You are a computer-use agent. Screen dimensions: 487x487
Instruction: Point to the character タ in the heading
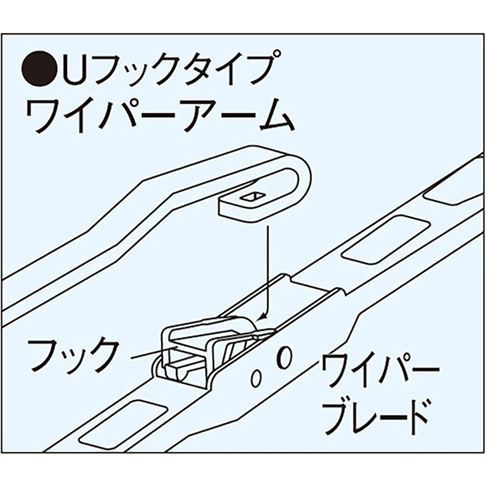175,69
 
